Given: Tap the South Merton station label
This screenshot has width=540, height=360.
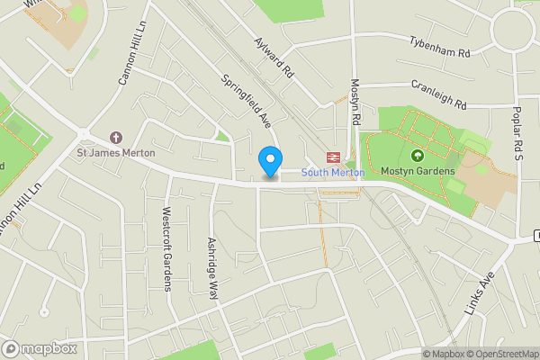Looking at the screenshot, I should pos(332,172).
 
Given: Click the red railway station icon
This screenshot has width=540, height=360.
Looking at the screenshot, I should pos(332,157).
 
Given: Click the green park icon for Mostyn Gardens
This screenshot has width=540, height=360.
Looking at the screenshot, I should pos(443,156).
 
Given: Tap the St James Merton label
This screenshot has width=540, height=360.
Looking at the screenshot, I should pos(115,153).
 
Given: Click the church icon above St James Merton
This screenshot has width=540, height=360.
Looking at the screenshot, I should pos(115,138).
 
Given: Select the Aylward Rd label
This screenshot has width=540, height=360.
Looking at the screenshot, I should pos(274,56).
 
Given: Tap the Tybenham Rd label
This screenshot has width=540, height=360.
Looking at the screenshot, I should pos(440,48).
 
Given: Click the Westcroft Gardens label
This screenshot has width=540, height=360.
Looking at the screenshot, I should pos(166,249).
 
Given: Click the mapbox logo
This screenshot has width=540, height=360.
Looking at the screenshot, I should pos(39,348).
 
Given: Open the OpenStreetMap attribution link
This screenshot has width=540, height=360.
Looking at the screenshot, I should pos(500,354).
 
